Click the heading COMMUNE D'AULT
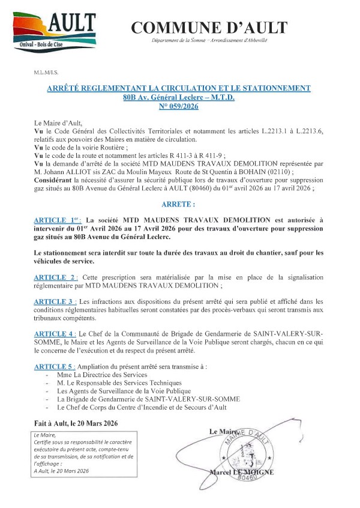[209, 27]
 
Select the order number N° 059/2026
[179, 106]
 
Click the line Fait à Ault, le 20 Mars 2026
[82, 423]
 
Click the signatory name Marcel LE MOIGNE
[242, 473]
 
